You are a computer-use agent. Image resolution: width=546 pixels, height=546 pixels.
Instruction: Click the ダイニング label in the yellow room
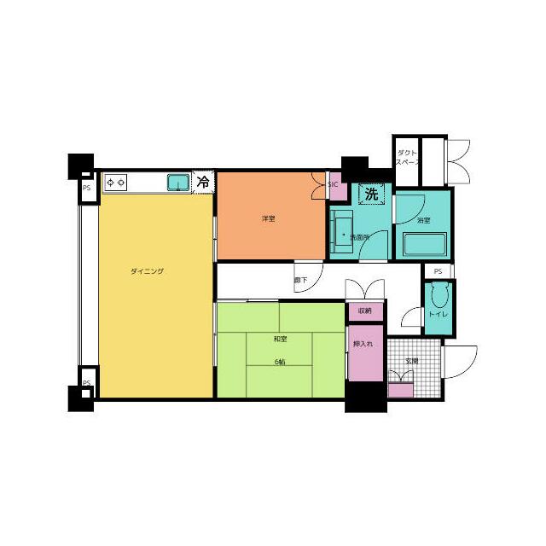147,271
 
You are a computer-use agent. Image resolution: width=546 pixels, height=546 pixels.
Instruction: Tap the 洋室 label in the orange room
268,219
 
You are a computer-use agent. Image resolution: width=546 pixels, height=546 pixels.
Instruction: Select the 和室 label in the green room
279,340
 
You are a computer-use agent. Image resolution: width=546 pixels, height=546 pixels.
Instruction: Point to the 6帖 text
280,363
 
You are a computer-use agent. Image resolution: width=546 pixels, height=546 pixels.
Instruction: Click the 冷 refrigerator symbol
203,182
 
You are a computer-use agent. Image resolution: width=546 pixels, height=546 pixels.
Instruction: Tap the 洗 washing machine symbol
371,195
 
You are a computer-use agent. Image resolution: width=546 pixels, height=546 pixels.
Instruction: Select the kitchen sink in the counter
178,182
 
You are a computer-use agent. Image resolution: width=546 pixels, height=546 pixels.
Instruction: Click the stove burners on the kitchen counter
115,182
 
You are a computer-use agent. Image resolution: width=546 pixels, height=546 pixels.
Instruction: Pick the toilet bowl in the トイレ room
439,296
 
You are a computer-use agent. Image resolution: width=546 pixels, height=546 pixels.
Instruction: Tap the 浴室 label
424,221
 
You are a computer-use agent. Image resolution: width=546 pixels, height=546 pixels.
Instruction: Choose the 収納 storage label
364,311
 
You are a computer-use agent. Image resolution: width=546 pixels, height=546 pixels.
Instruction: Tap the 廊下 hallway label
300,280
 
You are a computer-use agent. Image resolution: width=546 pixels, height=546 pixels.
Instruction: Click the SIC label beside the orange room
333,184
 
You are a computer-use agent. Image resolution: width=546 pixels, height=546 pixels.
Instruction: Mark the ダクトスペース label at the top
407,157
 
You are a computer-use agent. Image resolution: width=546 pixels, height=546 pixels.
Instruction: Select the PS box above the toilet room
438,271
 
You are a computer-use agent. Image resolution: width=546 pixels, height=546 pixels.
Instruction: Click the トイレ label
438,315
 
